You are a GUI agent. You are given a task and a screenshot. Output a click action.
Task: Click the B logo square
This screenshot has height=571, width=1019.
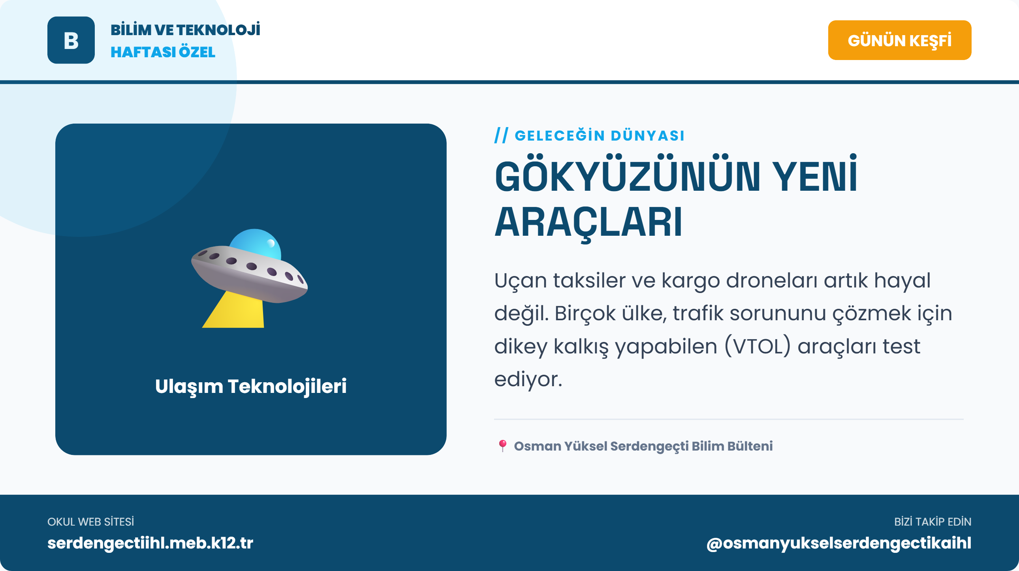click(71, 40)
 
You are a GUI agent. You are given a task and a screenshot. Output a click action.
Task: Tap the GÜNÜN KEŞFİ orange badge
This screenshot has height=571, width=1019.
click(899, 40)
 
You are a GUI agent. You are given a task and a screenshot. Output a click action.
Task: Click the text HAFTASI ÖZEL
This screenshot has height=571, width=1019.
click(163, 52)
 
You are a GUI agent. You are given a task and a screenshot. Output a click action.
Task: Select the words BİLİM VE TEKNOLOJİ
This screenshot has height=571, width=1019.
click(185, 30)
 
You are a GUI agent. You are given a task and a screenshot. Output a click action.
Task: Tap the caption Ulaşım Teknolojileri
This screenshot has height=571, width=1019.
click(250, 386)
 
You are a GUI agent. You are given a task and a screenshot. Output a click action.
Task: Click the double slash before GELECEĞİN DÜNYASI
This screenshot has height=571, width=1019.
click(501, 135)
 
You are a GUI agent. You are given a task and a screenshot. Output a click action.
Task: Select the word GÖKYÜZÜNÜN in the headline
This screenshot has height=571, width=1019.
click(627, 177)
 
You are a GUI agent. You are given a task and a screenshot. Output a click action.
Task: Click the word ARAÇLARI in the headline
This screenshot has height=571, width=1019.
click(588, 223)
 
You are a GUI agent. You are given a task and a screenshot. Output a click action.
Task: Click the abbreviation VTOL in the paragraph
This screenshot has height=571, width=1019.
click(758, 346)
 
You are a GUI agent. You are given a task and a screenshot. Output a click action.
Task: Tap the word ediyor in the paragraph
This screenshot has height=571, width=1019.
click(528, 379)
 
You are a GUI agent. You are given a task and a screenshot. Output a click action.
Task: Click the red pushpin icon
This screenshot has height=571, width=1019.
click(502, 446)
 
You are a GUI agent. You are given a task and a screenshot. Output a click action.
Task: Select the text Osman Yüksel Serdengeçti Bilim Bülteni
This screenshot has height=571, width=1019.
click(643, 446)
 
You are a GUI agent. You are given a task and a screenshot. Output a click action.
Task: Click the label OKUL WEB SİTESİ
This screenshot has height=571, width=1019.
click(90, 522)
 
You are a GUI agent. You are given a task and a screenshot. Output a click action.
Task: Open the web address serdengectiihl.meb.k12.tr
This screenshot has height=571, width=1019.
click(150, 543)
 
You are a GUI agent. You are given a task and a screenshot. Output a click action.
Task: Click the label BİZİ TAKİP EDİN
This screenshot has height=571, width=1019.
click(933, 522)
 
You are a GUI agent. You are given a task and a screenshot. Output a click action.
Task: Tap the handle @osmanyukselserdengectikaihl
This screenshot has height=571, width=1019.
click(839, 543)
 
